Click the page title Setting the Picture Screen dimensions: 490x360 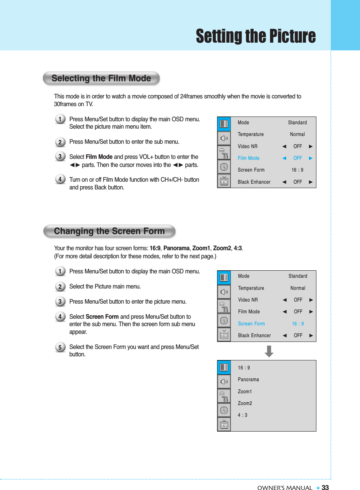point(256,36)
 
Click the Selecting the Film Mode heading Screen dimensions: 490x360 point(101,78)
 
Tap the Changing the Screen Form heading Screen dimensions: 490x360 point(109,231)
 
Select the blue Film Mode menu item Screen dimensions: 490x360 point(248,158)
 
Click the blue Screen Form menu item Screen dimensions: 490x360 point(251,324)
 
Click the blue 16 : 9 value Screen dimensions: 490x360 point(298,324)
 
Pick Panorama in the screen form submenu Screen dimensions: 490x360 point(248,380)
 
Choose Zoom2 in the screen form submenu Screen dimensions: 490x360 point(245,403)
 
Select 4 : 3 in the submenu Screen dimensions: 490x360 point(243,415)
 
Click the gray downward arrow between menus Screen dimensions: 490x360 point(269,351)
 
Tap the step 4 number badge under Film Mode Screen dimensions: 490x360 point(60,179)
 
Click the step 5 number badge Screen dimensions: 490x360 point(60,347)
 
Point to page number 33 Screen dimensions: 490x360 point(325,488)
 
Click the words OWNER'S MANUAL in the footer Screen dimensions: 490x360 point(285,488)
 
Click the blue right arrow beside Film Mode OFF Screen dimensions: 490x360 point(311,158)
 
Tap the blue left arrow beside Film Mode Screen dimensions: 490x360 point(284,158)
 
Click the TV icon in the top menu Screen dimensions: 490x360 point(224,182)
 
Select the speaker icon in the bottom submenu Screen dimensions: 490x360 point(224,382)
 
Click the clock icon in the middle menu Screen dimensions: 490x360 point(224,321)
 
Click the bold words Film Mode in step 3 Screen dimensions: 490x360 point(99,157)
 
